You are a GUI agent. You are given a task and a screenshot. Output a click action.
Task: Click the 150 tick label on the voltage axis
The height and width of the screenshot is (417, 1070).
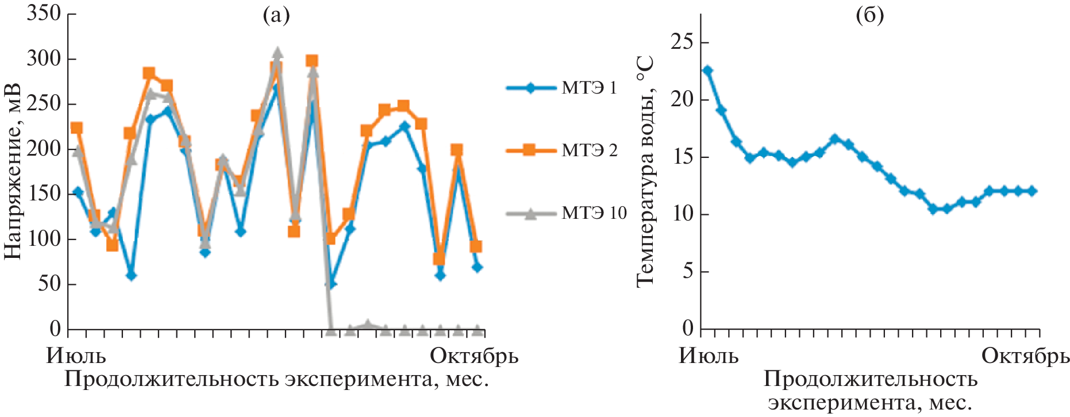(44, 194)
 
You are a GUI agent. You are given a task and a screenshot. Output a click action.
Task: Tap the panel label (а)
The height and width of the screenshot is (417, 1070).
(276, 16)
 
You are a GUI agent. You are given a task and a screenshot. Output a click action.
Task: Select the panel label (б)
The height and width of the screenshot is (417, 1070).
(869, 16)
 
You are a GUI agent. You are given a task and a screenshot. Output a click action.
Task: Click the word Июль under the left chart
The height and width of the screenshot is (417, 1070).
(76, 356)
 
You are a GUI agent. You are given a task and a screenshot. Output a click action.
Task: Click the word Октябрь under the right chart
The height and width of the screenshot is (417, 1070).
(1025, 356)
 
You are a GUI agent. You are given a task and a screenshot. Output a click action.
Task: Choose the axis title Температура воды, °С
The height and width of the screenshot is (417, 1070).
(646, 171)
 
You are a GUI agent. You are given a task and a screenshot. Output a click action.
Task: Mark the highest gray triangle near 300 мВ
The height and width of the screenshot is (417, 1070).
(277, 53)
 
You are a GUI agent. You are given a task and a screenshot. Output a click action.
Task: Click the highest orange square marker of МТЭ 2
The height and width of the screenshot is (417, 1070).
(311, 61)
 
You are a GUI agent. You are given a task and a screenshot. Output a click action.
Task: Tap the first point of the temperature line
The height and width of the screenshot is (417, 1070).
(707, 70)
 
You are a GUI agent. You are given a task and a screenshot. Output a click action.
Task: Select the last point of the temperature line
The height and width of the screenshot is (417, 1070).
(1032, 191)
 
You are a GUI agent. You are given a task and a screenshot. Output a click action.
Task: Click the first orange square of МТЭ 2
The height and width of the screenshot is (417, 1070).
(76, 128)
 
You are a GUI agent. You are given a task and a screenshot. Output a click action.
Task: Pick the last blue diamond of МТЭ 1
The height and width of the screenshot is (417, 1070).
(476, 267)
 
